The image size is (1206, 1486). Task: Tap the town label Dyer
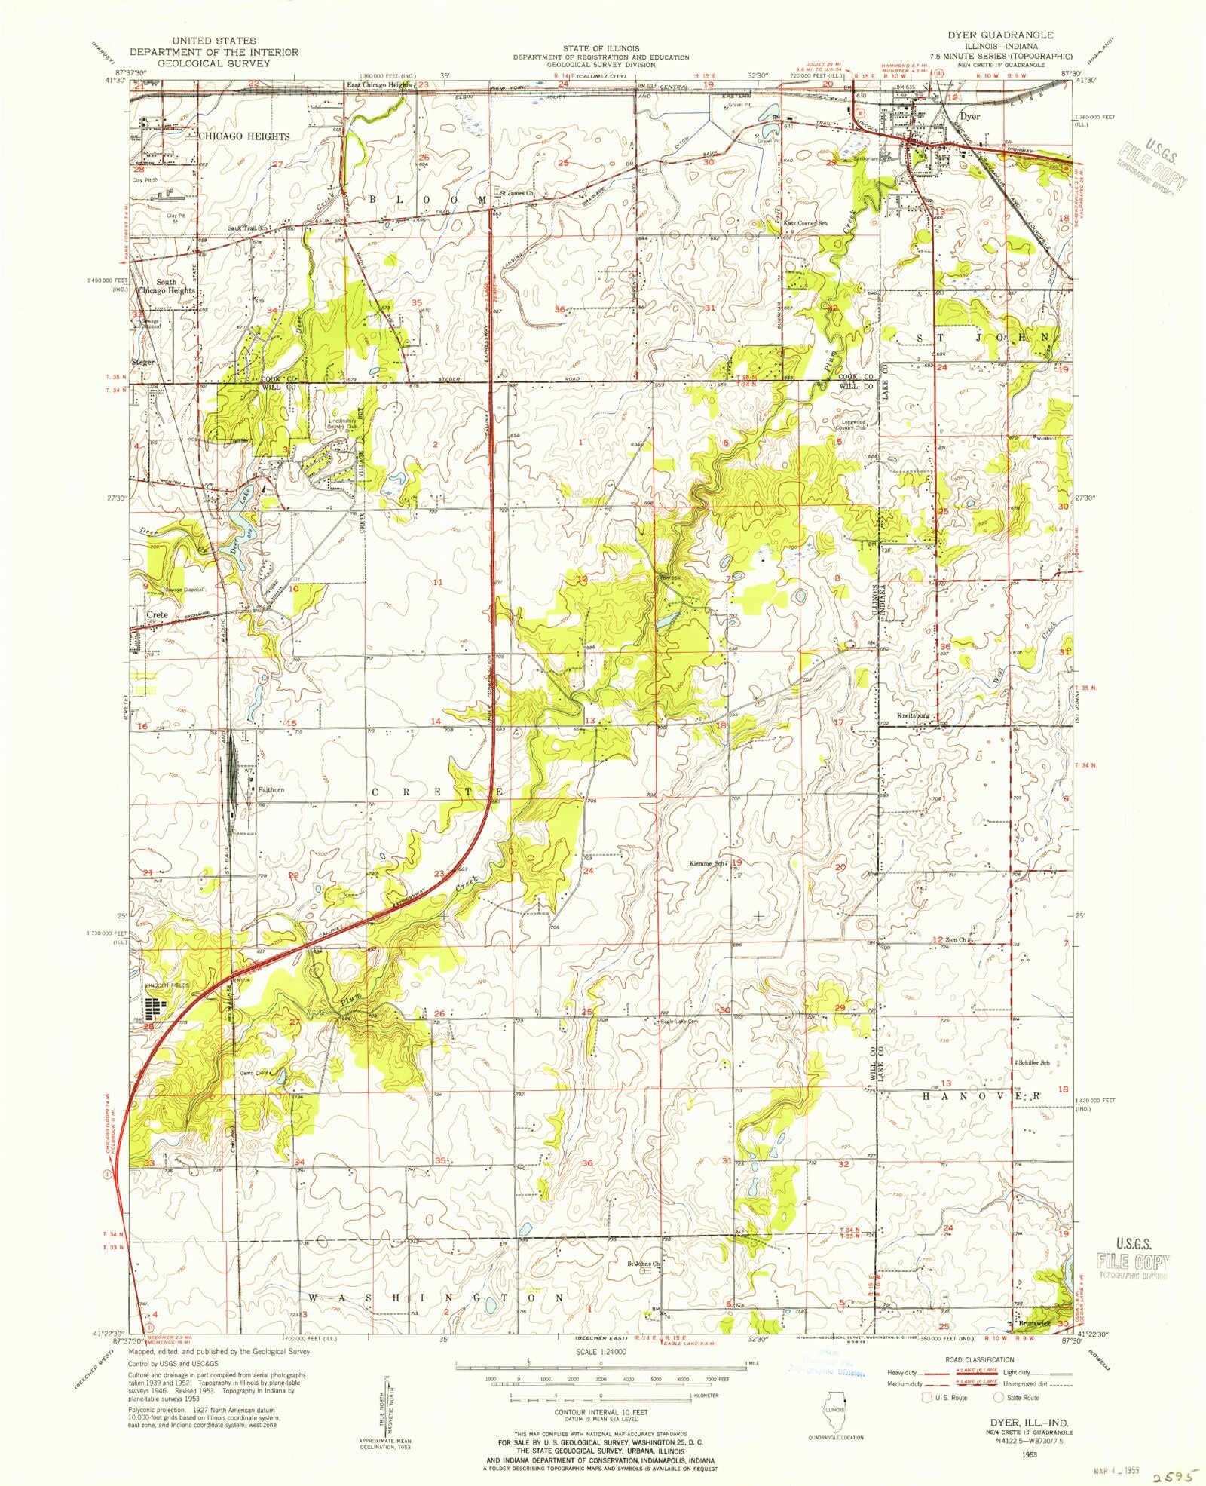[x=970, y=117]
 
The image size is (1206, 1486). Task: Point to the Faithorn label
[x=271, y=789]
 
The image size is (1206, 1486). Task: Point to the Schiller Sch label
[x=1034, y=1062]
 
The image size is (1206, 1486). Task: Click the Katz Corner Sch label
[x=807, y=224]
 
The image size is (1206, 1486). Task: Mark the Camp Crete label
[x=256, y=1072]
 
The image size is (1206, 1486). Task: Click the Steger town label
[x=142, y=362]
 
